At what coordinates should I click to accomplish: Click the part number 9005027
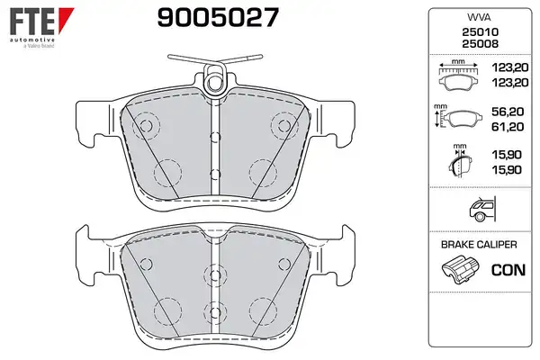(218, 18)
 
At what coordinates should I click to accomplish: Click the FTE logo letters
(32, 22)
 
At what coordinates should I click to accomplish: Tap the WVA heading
(479, 17)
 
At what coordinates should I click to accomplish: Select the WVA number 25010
(480, 32)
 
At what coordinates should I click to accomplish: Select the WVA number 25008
(480, 44)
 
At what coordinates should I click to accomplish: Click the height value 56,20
(508, 112)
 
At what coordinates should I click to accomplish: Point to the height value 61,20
(508, 127)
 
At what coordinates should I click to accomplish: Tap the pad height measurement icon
(454, 117)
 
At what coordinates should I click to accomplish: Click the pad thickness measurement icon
(460, 161)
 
